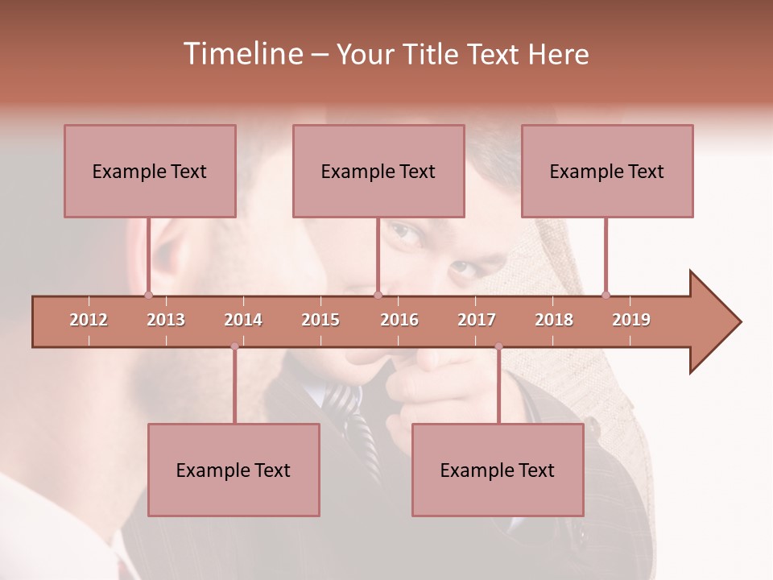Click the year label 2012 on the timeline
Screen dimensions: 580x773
pos(89,320)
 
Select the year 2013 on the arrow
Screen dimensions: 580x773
pos(166,320)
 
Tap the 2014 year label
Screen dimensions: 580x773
pos(243,320)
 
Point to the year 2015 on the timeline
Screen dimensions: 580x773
pos(320,320)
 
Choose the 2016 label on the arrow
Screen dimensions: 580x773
pos(399,320)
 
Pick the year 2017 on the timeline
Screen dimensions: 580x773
pos(477,320)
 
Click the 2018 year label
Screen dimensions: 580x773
pos(554,320)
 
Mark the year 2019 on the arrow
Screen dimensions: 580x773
pos(631,320)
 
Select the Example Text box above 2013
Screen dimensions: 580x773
pos(150,171)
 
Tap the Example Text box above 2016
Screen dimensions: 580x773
pos(378,171)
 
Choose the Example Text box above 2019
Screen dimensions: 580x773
pos(607,171)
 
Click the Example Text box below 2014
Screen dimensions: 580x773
pos(234,470)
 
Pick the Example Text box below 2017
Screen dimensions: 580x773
pos(498,470)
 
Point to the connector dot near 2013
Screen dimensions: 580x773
pos(148,295)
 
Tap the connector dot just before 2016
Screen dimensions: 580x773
pos(378,295)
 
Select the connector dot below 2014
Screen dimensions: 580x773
pos(234,346)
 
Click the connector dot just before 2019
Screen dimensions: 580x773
pos(606,295)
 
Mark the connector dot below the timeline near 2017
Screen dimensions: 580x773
pos(498,346)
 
